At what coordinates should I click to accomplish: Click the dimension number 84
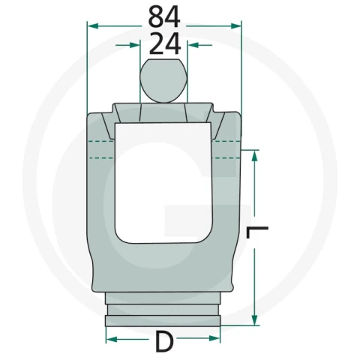coord(164,17)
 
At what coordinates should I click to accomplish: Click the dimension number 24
coord(165,43)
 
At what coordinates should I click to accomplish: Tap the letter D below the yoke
coord(164,341)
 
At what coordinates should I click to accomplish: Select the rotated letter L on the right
coord(257,232)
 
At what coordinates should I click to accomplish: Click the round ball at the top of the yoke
coord(163,81)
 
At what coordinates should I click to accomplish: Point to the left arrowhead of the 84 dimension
coord(93,26)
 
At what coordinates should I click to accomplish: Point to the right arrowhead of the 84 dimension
coord(236,26)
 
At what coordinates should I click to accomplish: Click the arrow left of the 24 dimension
coord(127,45)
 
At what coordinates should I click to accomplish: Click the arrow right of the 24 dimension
coord(200,45)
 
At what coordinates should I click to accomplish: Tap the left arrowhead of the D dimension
coord(112,339)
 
